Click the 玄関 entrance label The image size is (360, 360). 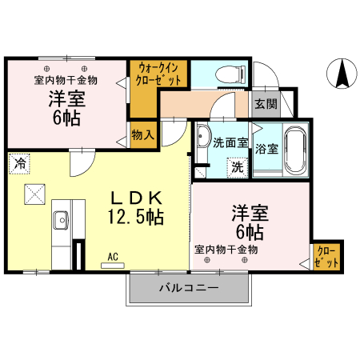coord(266,103)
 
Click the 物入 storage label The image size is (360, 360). coord(142,134)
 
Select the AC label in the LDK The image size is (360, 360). coord(114,256)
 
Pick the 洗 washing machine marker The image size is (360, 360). coord(237,168)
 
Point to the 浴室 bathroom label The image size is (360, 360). coord(266,148)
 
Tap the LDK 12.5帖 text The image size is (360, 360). coord(135,206)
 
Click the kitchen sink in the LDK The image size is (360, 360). coord(60,220)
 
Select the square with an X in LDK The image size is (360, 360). coord(34,194)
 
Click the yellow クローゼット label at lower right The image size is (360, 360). coord(326,257)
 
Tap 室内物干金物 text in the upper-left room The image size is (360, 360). coord(66,80)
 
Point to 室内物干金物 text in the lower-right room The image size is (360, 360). coord(226,250)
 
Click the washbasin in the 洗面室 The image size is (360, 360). coord(203,138)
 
